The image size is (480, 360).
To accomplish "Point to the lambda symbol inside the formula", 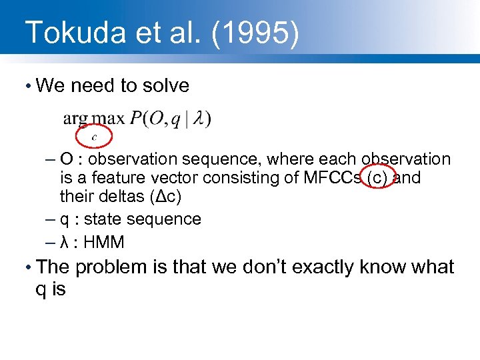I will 198,119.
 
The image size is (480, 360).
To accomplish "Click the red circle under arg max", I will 94,136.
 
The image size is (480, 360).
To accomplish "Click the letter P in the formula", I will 135,119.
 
